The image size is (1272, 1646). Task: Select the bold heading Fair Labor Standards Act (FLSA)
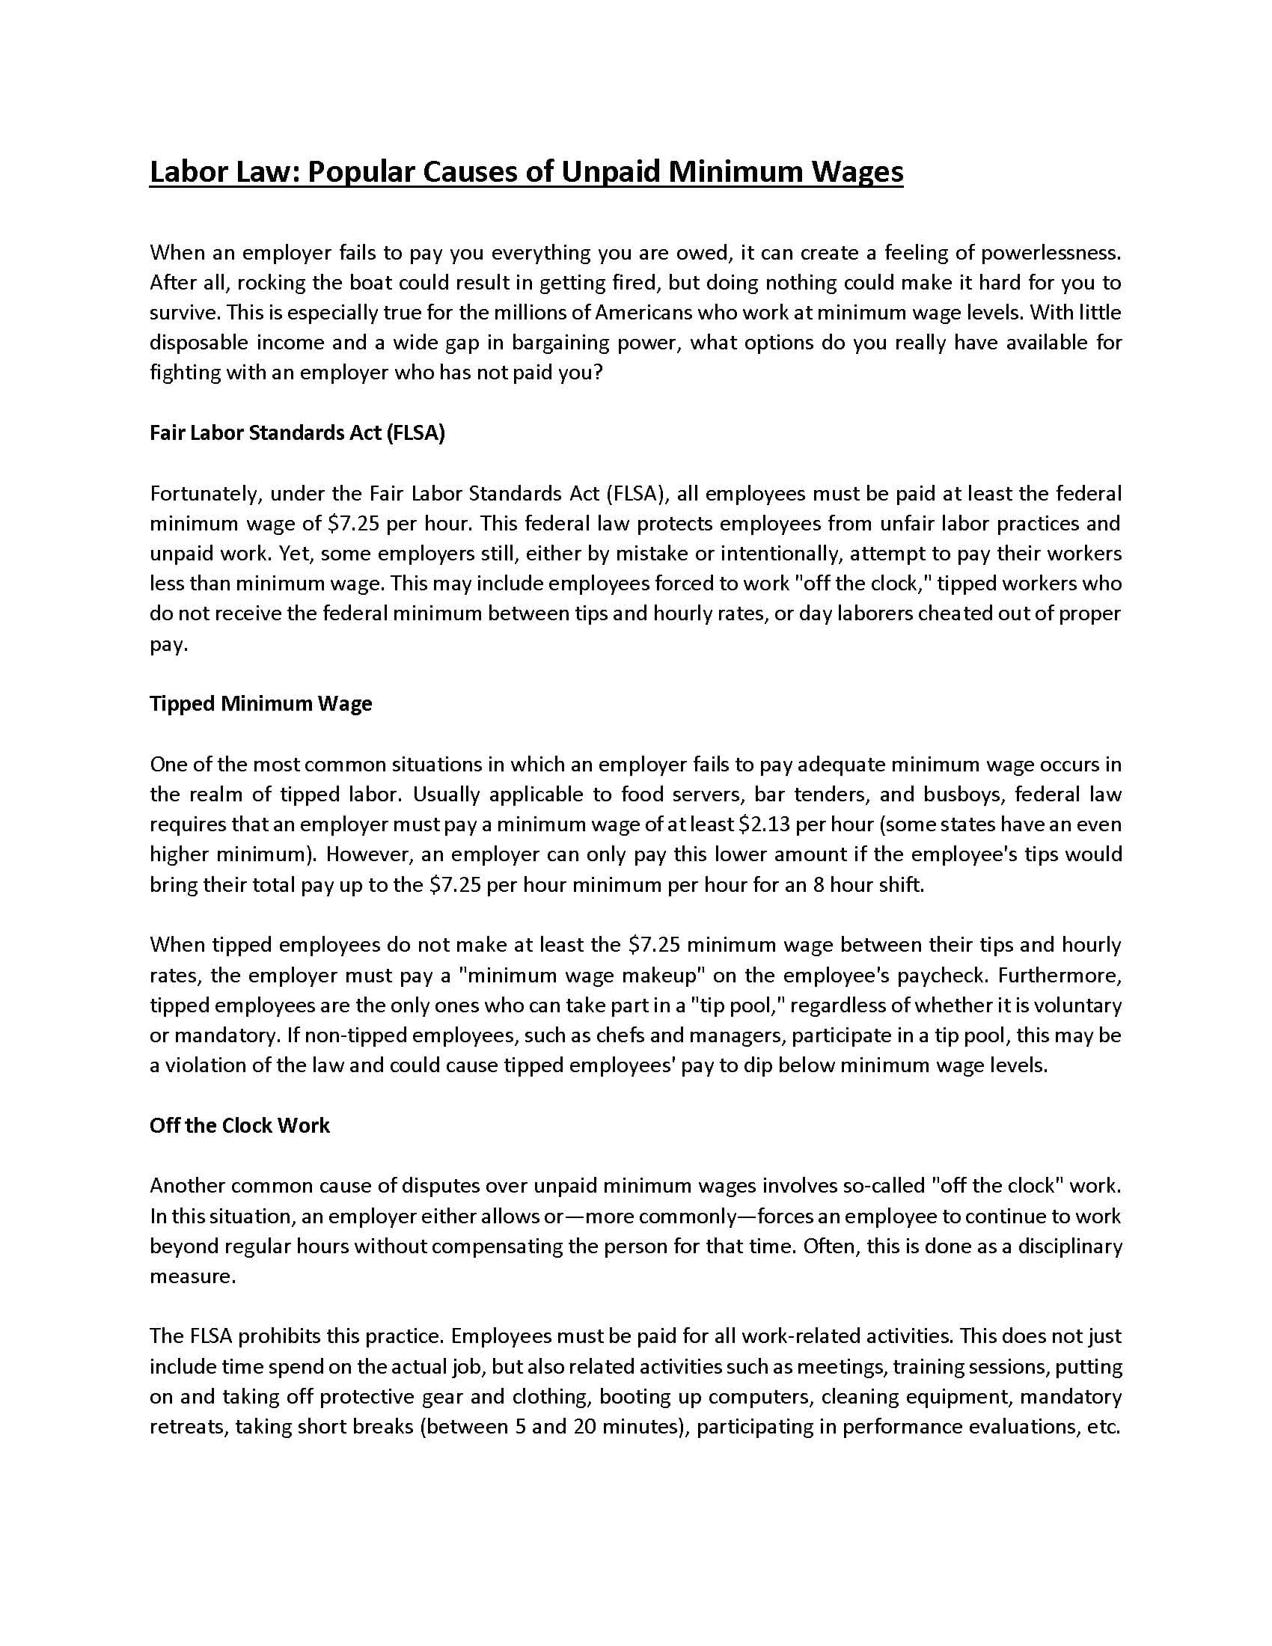(x=297, y=433)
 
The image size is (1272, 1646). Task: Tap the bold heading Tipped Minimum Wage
(x=260, y=704)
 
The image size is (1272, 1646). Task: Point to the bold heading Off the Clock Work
(x=239, y=1126)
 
